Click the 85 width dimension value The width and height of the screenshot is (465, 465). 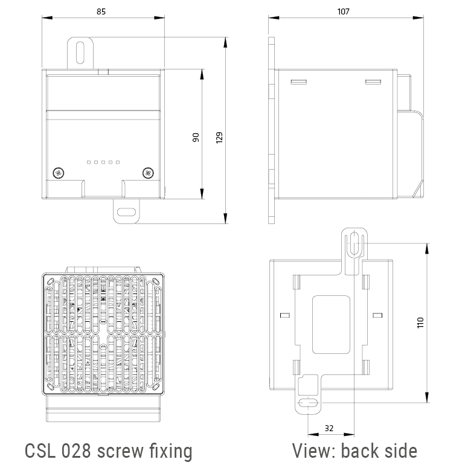[103, 11]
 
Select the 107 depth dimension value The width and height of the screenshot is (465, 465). [344, 11]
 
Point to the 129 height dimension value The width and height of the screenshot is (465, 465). [219, 138]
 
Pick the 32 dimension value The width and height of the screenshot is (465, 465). [329, 428]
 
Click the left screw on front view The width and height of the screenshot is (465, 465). [59, 173]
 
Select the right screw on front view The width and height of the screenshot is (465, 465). [147, 173]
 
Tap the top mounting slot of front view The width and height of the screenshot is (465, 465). [80, 52]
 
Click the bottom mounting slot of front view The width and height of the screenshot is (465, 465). [127, 212]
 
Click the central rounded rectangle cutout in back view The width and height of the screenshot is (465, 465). [330, 324]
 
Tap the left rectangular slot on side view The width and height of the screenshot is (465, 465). [298, 81]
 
